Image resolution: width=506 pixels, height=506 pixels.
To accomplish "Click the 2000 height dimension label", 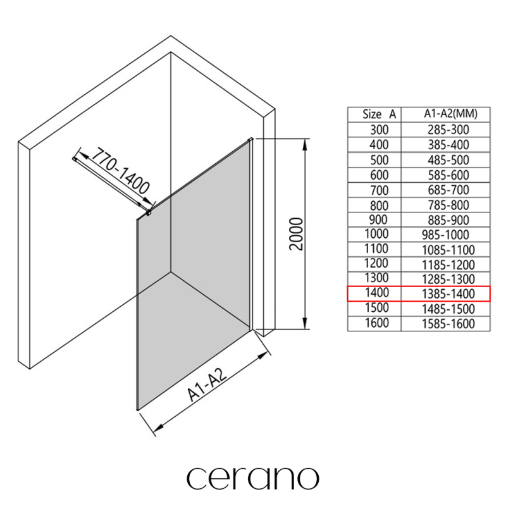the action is click(296, 234).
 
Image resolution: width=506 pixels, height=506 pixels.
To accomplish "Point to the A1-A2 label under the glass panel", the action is click(207, 385).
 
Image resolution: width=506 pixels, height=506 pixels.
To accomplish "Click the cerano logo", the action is click(253, 478).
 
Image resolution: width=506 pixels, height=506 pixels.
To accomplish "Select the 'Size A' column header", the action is click(379, 114).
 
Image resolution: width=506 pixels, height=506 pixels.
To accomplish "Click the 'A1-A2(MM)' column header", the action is click(450, 114).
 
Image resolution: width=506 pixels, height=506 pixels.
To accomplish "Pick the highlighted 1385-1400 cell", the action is click(448, 293).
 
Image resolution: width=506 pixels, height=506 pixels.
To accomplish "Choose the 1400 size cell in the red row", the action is click(376, 293).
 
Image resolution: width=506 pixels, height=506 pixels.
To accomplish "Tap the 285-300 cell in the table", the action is click(448, 130).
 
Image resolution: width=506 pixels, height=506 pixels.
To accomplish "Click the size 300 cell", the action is click(379, 130).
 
